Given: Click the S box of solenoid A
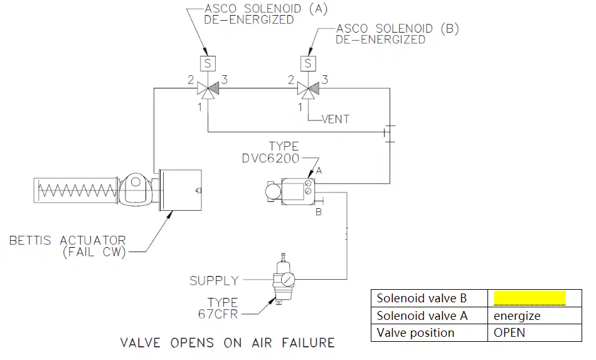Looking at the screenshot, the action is (x=208, y=63).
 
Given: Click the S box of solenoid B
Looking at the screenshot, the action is (x=308, y=63).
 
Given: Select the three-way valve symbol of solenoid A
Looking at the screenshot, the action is (x=208, y=90).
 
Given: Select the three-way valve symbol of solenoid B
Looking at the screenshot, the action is (x=308, y=90).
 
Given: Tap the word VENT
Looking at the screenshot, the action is (x=335, y=119).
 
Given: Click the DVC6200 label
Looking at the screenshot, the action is (x=270, y=159).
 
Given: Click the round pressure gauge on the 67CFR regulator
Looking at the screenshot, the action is (x=288, y=280).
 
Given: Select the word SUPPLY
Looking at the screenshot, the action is (x=214, y=280).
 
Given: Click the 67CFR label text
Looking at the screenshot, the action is (x=218, y=314).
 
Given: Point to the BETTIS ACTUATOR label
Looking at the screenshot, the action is (x=67, y=241).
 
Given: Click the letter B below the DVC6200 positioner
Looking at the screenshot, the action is (x=319, y=212).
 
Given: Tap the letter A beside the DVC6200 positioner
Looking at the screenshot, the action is (x=319, y=171).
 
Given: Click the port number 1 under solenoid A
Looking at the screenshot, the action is (x=200, y=108).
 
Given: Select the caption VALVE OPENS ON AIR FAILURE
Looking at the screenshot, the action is (x=227, y=342).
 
